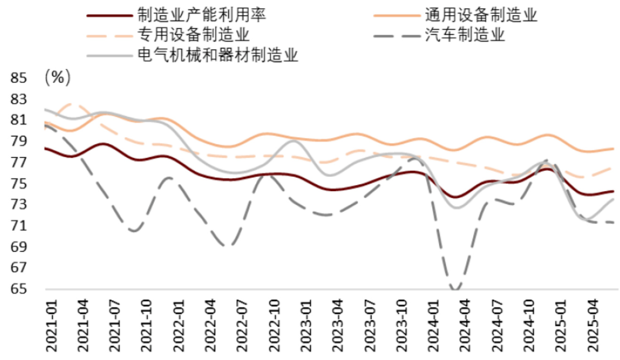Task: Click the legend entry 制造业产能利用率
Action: (202, 16)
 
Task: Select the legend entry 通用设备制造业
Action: (481, 16)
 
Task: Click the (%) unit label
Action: (57, 78)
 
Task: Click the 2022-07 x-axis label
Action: (243, 325)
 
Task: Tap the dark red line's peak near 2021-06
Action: (104, 144)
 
